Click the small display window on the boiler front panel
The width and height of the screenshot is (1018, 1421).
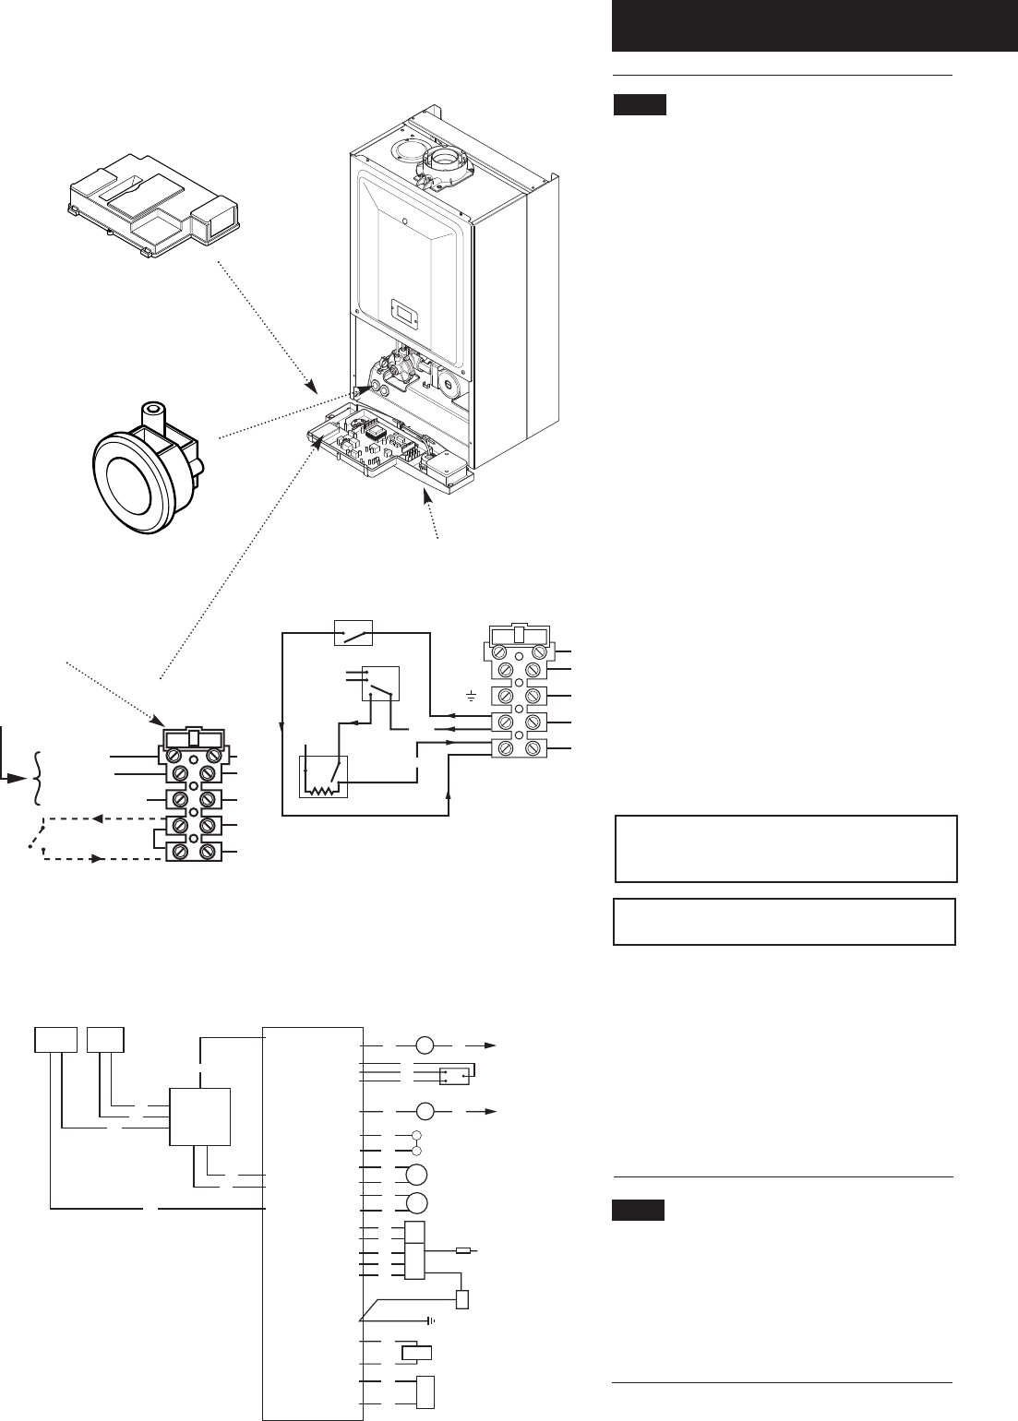tap(405, 309)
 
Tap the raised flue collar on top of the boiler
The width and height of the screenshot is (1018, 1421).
tap(445, 165)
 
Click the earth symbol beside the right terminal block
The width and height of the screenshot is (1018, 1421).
tap(473, 694)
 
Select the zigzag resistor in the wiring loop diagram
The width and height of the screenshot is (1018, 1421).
tap(319, 791)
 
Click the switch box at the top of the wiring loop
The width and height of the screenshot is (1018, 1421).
tap(353, 634)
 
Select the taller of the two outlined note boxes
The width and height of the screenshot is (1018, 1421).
tap(785, 848)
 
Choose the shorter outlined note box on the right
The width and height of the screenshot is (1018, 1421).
tap(784, 921)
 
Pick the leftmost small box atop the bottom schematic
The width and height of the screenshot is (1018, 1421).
tap(54, 1040)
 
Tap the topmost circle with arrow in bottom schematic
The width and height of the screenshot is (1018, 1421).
tap(425, 1045)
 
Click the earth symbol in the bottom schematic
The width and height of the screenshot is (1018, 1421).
tap(431, 1320)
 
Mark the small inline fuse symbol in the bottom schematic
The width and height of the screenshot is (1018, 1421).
tap(464, 1251)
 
